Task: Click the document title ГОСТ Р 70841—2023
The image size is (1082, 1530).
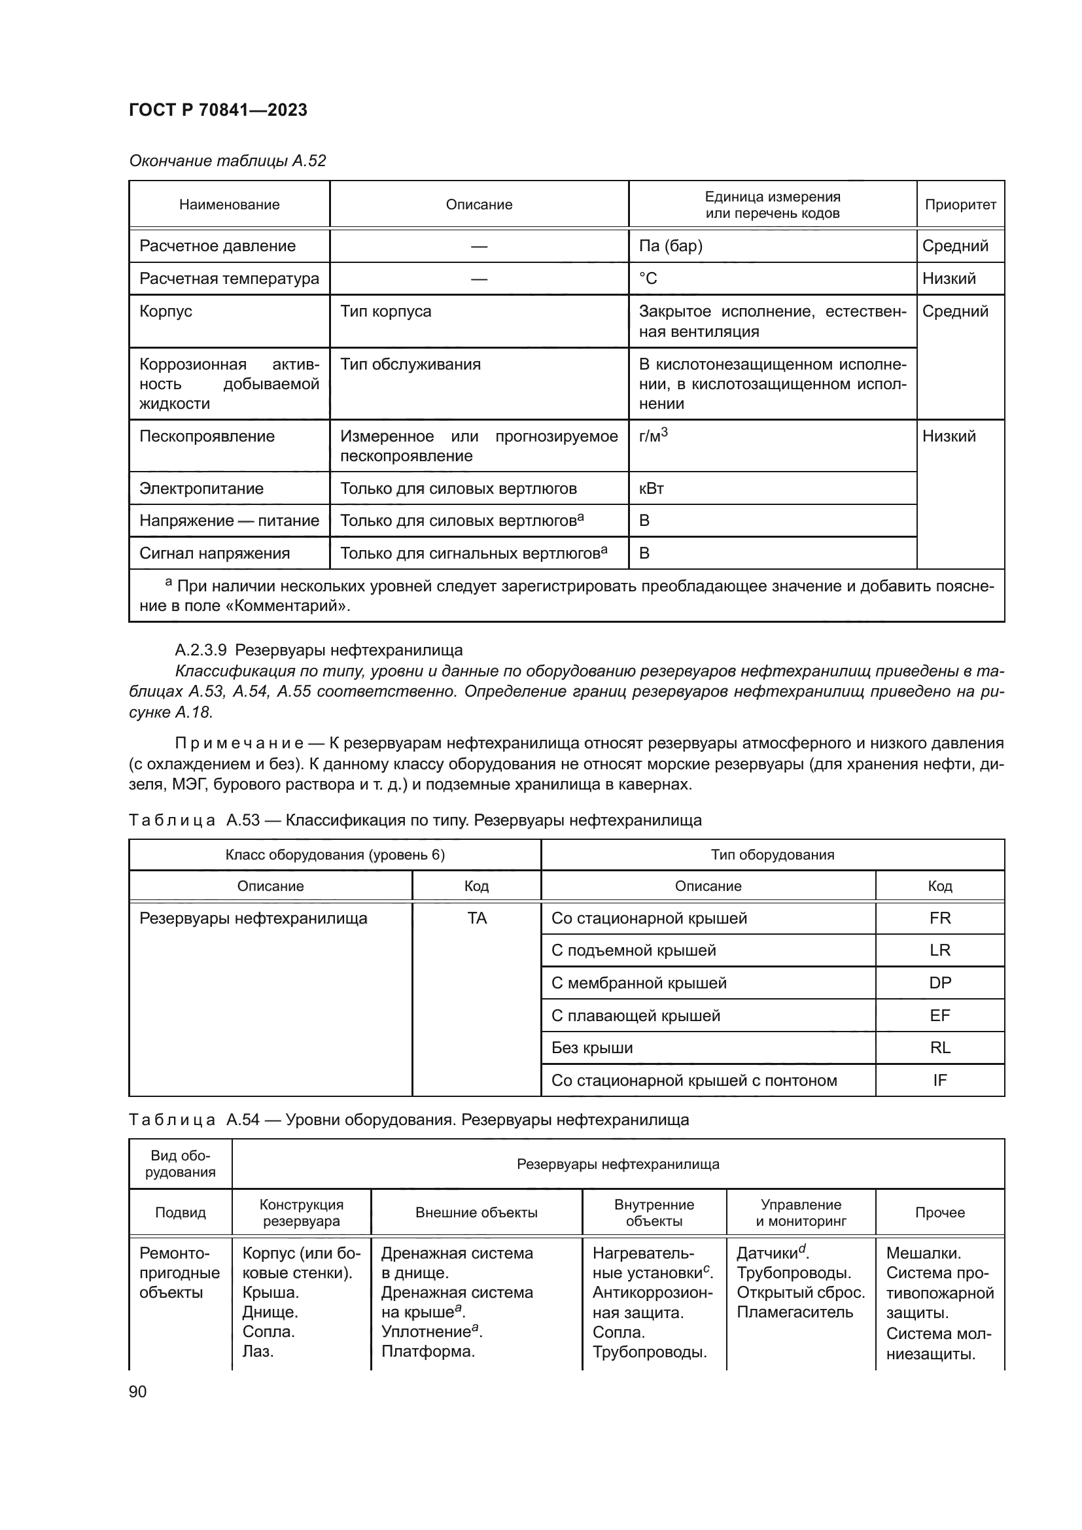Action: coord(218,110)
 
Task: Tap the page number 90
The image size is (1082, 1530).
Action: coord(138,1391)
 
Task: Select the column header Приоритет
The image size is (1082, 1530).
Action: coord(960,205)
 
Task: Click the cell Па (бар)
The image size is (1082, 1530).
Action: coord(671,246)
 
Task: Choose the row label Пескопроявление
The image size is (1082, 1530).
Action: coord(207,436)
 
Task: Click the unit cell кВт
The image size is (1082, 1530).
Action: coord(651,489)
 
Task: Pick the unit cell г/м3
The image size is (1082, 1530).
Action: coord(653,436)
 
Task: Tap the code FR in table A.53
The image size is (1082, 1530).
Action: coord(939,918)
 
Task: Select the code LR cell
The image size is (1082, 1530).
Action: coord(939,950)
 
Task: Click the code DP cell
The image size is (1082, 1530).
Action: coord(939,983)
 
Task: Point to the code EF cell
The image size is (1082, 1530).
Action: coord(939,1016)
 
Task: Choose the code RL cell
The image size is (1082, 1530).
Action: coord(939,1047)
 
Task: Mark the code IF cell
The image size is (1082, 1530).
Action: coord(939,1080)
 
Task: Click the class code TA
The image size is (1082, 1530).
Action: coord(477,918)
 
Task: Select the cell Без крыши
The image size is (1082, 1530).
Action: coord(591,1047)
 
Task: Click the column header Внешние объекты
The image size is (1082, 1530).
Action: coord(476,1213)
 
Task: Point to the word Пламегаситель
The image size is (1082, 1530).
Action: coord(794,1312)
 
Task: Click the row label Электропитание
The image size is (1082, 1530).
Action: coord(201,489)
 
